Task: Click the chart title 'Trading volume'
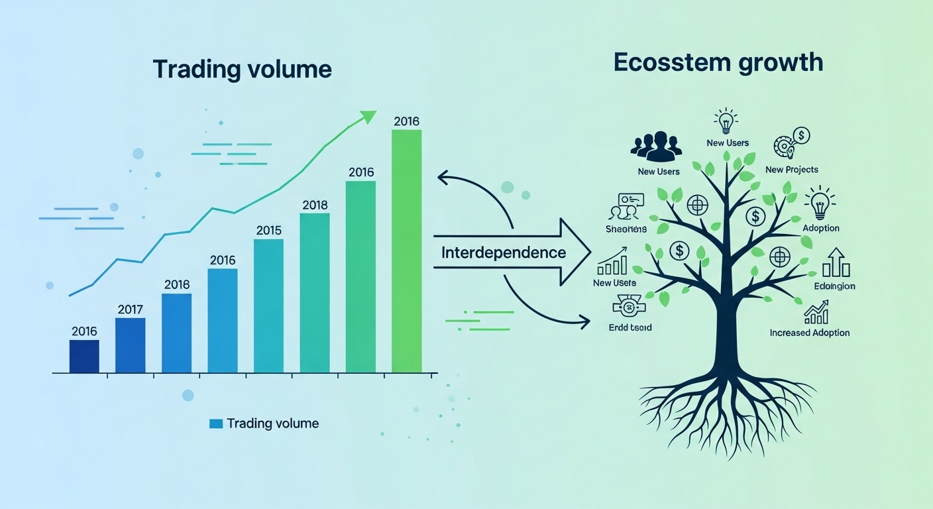pos(242,69)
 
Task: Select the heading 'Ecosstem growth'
pos(718,62)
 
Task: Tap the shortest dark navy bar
pos(84,357)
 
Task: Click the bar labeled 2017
pos(130,345)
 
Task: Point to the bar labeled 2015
pos(268,306)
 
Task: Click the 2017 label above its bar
pos(130,309)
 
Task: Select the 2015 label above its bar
pos(268,231)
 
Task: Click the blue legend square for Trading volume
pos(215,424)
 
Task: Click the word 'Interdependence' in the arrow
pos(504,253)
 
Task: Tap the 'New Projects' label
pos(791,170)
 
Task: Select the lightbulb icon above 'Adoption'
pos(820,203)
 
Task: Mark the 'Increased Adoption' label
pos(809,333)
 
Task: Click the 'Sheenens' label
pos(626,229)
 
